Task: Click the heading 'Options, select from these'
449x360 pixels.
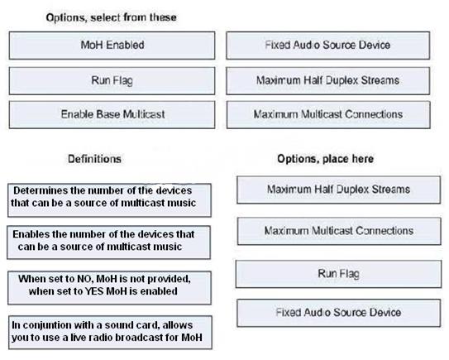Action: click(111, 17)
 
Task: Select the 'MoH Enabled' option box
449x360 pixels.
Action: click(112, 46)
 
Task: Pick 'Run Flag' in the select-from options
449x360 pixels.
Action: click(112, 81)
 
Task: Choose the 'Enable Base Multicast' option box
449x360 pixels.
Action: click(112, 115)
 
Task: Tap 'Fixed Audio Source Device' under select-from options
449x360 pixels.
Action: click(328, 46)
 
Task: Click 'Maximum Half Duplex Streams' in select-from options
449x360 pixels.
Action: click(328, 81)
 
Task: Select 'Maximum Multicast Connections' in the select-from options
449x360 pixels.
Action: click(328, 115)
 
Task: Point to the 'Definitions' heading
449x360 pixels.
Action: click(94, 159)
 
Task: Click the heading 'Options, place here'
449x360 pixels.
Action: click(325, 159)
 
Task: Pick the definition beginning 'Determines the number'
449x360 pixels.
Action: click(109, 200)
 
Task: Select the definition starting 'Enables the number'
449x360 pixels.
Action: click(109, 242)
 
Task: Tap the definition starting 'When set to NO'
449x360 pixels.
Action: click(109, 287)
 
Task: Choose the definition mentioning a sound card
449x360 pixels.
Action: click(110, 333)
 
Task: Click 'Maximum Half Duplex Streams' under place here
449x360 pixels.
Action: click(339, 190)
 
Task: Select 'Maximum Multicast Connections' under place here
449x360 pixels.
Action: click(339, 231)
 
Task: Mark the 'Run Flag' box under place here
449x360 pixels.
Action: click(339, 274)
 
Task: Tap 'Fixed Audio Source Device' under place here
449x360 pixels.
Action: click(339, 313)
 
